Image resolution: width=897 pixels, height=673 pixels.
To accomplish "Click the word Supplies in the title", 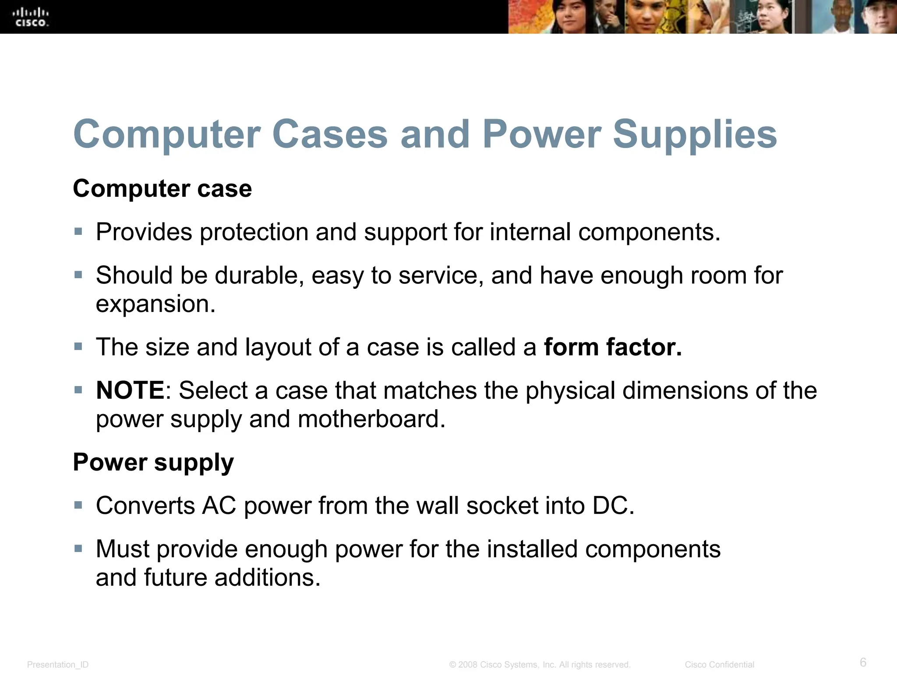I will (695, 135).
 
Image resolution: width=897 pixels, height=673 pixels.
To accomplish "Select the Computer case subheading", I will (162, 189).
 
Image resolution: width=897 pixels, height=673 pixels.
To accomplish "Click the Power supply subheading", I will (153, 462).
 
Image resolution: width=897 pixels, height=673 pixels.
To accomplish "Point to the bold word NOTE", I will (130, 390).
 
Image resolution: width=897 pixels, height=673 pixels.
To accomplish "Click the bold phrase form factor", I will (613, 347).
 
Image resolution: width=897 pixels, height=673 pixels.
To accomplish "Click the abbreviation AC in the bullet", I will (219, 506).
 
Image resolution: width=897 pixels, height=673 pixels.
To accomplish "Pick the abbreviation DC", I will (613, 506).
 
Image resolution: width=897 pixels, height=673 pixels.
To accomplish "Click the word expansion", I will (155, 304).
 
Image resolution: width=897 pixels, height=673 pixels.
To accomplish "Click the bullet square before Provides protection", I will (78, 231).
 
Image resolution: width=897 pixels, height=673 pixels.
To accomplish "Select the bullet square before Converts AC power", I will (78, 505).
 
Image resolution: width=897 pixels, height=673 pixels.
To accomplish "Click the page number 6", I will (863, 662).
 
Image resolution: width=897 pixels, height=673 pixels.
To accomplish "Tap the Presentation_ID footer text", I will (58, 665).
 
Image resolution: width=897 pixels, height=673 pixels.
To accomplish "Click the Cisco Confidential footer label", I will (719, 665).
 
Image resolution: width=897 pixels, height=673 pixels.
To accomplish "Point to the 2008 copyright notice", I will (540, 665).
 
